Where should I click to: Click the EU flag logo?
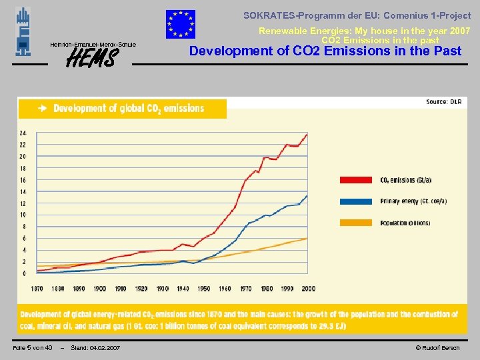tap(181, 25)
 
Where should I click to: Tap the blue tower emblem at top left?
tap(23, 31)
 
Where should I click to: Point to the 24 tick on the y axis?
tap(23, 133)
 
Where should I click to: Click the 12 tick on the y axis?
tap(23, 203)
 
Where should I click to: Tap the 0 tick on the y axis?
tap(24, 273)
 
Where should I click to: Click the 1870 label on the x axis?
tap(37, 289)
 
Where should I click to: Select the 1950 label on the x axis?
tap(203, 289)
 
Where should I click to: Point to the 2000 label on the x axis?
tap(307, 289)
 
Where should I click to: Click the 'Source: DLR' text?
tap(443, 102)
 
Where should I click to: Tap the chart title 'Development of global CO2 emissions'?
tap(129, 108)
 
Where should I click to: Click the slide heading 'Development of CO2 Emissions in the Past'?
tap(325, 51)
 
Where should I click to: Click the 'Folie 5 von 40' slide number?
tap(33, 348)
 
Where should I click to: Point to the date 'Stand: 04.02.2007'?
tap(95, 348)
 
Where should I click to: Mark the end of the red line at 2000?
tap(307, 134)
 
